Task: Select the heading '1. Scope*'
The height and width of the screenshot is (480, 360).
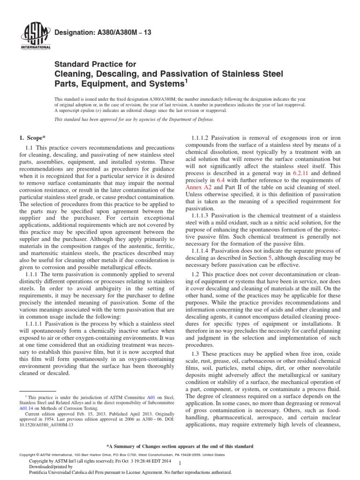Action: click(32, 137)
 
